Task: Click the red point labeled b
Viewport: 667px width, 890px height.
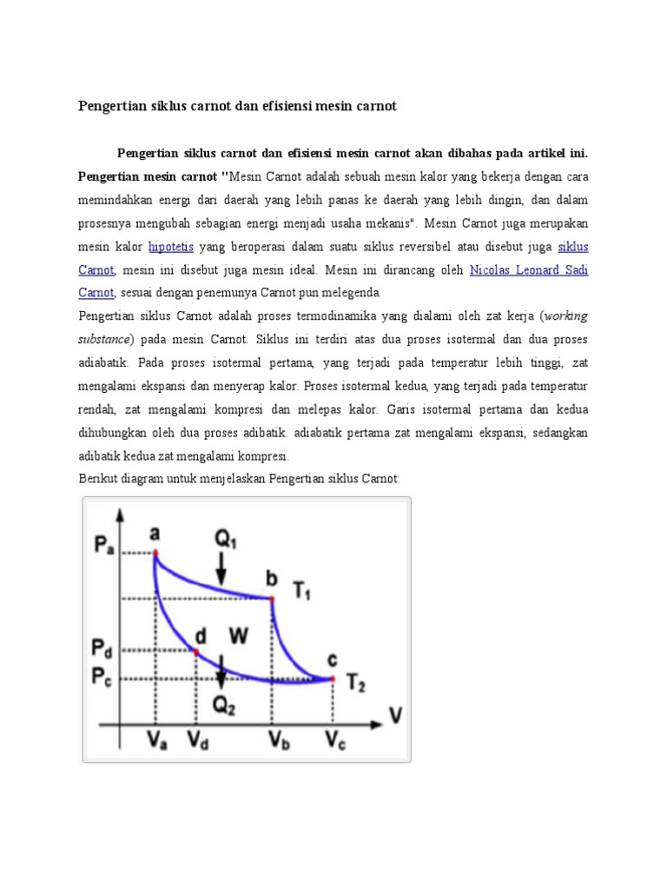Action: [x=272, y=598]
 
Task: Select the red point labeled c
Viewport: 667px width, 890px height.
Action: [x=333, y=677]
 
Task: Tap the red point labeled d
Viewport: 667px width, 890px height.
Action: [x=196, y=652]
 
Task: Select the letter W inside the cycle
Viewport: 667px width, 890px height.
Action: [x=238, y=635]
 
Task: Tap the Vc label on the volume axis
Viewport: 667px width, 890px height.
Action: [x=334, y=741]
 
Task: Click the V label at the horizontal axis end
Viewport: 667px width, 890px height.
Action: [x=396, y=717]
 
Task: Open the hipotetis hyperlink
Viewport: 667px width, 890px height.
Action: [x=171, y=246]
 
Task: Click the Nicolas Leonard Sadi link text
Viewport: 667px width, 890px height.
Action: [x=528, y=269]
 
